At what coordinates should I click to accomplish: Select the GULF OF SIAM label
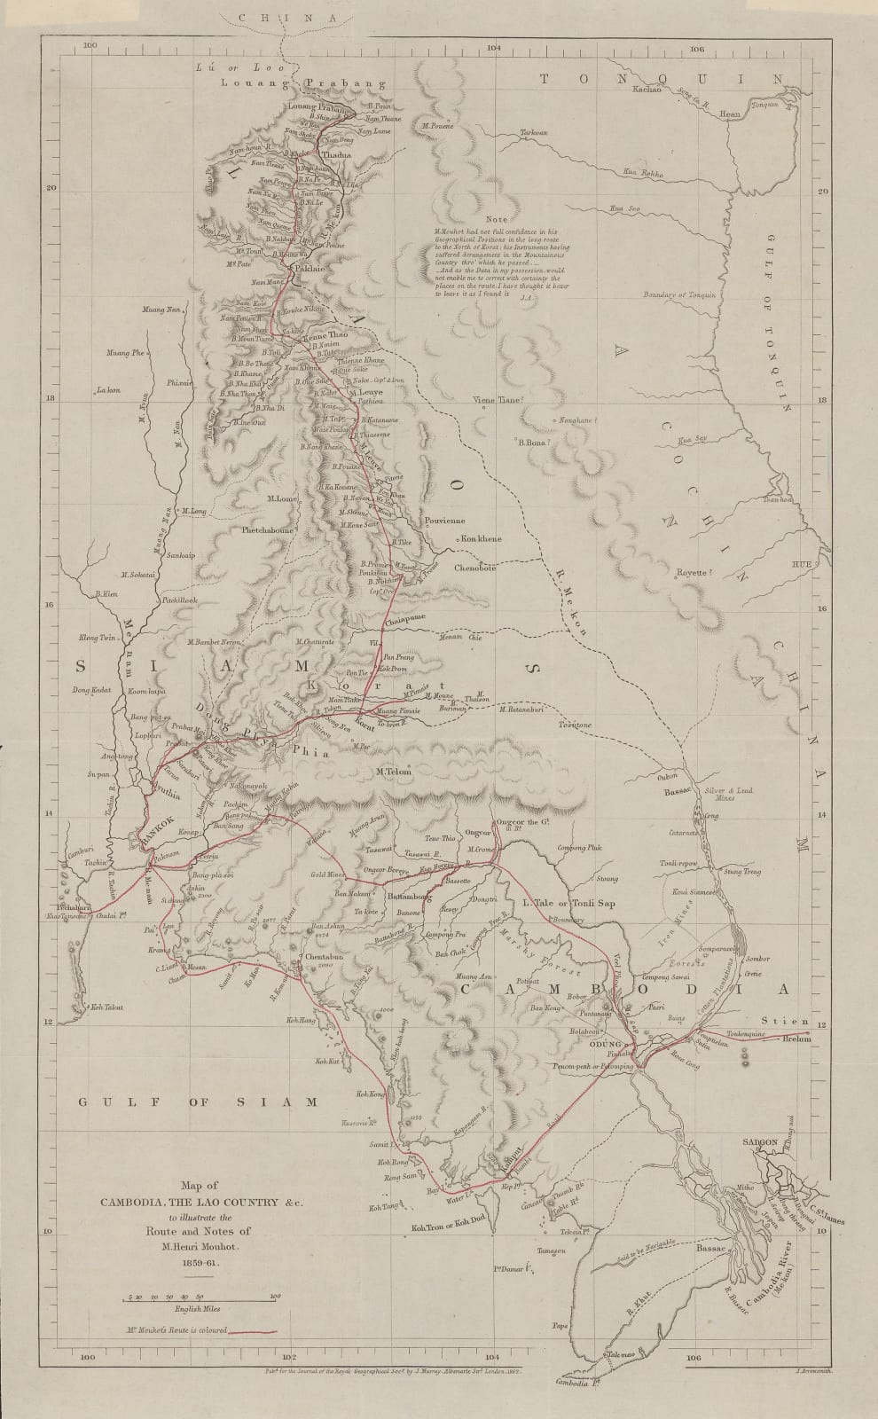(197, 1101)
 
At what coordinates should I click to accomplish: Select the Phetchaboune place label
(258, 529)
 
